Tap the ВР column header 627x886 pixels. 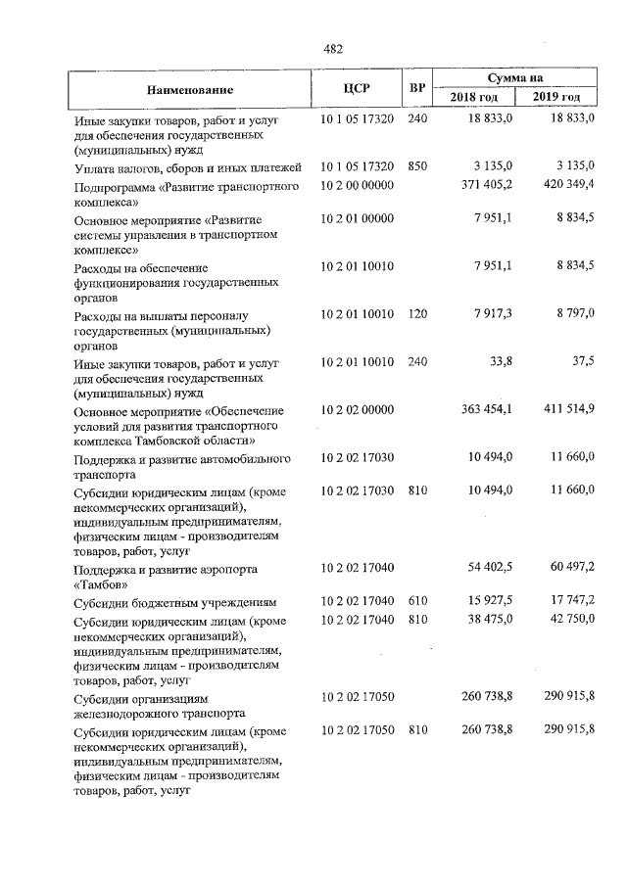coord(417,89)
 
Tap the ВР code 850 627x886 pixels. coord(417,166)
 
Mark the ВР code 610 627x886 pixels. coord(417,601)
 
